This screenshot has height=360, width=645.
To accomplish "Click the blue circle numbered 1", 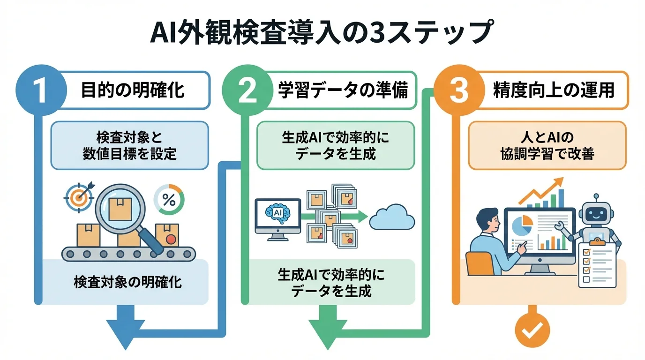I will [x=41, y=90].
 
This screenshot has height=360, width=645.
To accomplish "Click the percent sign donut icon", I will [x=169, y=201].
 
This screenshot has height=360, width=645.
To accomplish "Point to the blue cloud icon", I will [x=392, y=217].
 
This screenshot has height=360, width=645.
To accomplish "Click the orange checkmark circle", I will [x=532, y=330].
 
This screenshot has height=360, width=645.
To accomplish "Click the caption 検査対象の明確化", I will [x=127, y=284].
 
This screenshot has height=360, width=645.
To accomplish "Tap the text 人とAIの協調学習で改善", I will [x=547, y=145].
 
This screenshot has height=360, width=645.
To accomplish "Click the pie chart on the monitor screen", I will [x=521, y=226].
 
